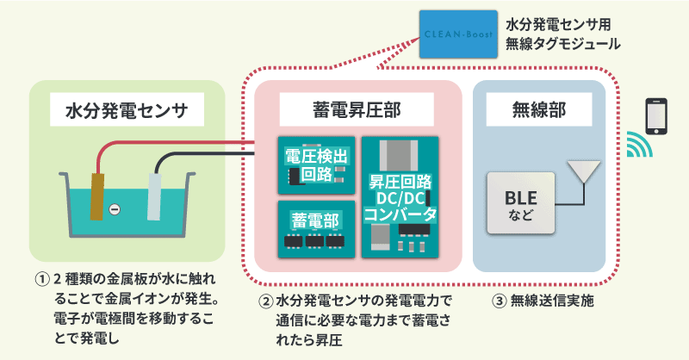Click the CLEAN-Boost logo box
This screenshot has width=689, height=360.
456,34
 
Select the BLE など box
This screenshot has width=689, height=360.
520,204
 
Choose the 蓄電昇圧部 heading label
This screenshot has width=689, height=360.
356,109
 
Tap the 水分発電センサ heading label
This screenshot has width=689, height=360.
127,109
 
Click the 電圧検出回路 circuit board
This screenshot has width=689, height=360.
316,164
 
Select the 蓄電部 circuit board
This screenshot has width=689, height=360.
316,228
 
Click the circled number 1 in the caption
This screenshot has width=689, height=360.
40,280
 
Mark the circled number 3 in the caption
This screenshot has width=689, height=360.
499,302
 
